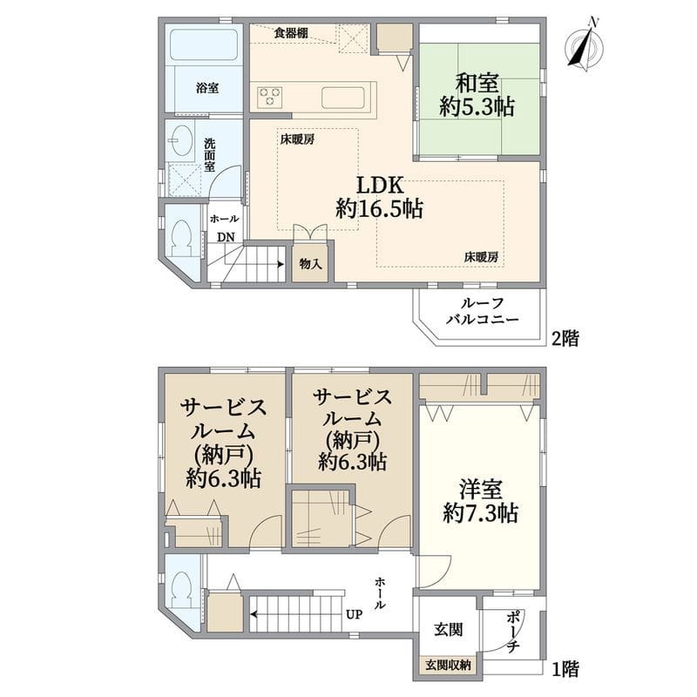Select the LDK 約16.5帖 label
[380, 197]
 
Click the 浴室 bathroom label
[206, 88]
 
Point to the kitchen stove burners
[269, 96]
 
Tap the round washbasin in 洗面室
[181, 141]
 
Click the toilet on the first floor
[183, 590]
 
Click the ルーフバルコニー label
[482, 312]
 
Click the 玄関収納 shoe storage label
[448, 666]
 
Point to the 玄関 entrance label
[448, 630]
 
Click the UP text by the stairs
[354, 614]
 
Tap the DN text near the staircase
[225, 237]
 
